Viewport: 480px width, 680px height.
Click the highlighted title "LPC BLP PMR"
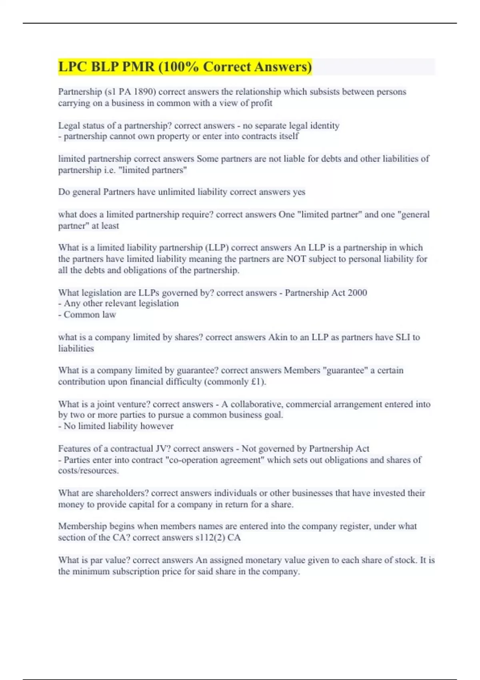pos(106,67)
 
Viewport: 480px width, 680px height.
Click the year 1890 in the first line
pos(145,92)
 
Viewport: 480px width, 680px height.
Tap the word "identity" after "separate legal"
pos(324,126)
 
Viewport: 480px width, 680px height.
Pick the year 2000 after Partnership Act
pos(357,293)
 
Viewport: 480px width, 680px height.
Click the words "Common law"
pos(90,315)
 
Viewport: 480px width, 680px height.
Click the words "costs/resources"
pos(88,471)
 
